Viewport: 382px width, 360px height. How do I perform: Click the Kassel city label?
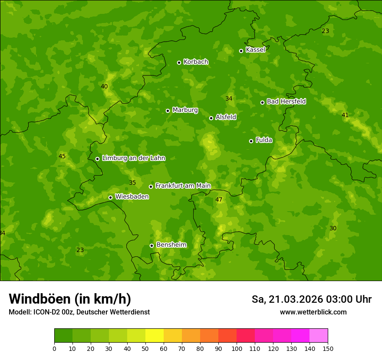(255, 50)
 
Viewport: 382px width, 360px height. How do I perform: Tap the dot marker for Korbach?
(179, 62)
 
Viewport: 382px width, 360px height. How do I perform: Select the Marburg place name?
(185, 110)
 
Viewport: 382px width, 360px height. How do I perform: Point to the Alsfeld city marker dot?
(211, 118)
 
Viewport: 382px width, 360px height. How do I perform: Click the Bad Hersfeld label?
(286, 101)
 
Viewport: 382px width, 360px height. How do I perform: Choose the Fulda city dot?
(251, 141)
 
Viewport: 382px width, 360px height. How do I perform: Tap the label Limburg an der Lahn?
(133, 158)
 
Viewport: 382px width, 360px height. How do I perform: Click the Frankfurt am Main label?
(183, 186)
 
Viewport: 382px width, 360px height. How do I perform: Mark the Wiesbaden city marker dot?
(110, 197)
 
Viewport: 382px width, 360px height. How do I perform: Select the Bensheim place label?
(171, 245)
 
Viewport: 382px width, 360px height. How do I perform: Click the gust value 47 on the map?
(219, 200)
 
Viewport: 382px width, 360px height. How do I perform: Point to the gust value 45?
(62, 157)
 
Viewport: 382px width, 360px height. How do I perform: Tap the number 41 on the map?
(345, 115)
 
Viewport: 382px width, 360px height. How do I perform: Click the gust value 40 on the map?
(104, 87)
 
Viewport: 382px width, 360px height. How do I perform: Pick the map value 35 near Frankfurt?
(132, 183)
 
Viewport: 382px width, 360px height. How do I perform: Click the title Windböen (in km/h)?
(70, 299)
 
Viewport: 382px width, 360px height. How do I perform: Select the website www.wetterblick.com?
(313, 312)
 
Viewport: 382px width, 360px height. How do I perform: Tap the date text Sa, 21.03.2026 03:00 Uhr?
(311, 299)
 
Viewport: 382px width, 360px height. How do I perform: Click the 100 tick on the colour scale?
(237, 348)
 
